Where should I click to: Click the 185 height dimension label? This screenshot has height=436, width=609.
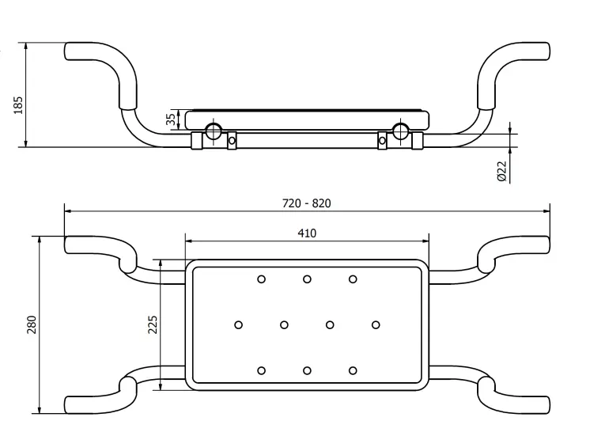coord(18,105)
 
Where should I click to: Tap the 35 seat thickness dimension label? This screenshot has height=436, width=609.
coord(171,119)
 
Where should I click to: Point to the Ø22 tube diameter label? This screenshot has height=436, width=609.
coord(502,171)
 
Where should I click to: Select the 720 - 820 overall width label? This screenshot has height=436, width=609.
coord(306,203)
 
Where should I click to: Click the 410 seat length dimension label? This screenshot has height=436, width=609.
coord(307,233)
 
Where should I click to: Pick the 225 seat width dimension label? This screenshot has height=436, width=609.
coord(153,324)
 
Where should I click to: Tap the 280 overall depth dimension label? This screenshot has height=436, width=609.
coord(32,324)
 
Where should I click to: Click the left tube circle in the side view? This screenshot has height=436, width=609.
coord(213,131)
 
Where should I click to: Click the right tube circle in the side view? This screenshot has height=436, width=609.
coord(400,131)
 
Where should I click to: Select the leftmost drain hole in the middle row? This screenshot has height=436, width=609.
coord(239,324)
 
